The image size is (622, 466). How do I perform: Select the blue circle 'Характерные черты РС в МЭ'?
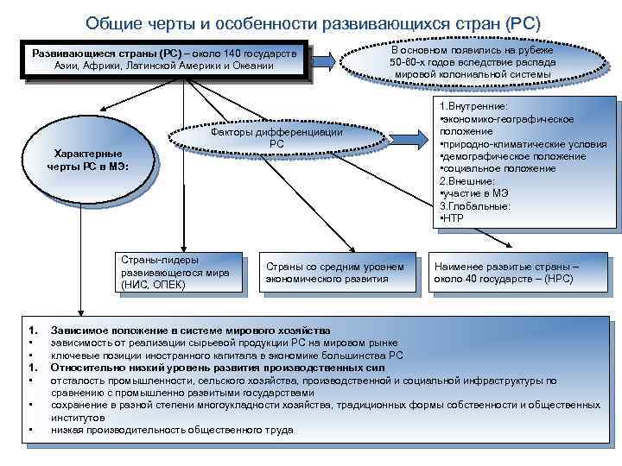coord(88,160)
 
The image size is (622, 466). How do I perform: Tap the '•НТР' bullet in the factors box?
coord(453,218)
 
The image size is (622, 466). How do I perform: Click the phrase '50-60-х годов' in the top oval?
coord(423,63)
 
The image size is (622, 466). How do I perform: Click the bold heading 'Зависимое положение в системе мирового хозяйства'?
coord(190,331)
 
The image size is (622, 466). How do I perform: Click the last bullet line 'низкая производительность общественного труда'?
coord(172,430)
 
